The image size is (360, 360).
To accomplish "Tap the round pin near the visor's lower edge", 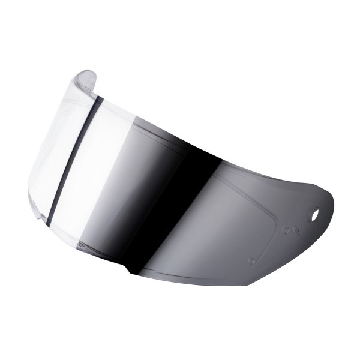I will [252, 261].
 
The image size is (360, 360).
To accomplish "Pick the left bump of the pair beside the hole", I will [286, 230].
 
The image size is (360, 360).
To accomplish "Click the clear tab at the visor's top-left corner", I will [85, 80].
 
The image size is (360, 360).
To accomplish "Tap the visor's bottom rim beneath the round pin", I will [252, 282].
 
